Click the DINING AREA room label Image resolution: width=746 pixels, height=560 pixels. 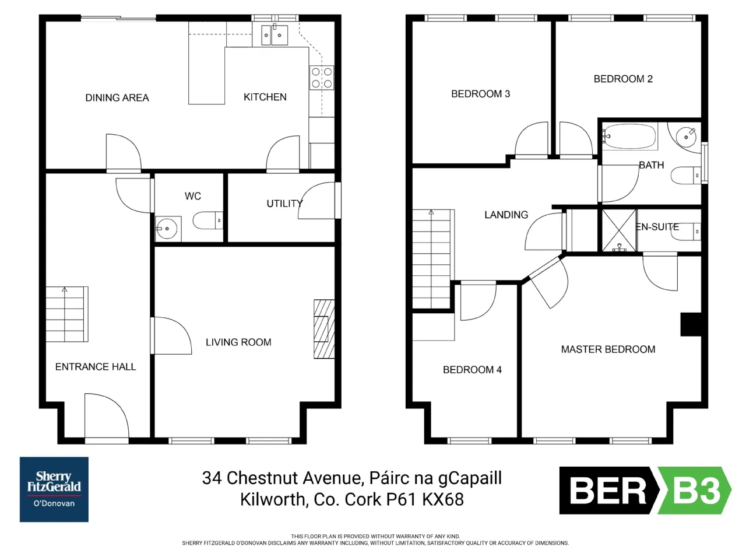(117, 98)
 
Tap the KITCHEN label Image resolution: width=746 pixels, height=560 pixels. (265, 97)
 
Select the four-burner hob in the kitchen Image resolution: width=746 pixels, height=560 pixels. (322, 78)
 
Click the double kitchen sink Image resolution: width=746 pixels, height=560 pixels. (275, 34)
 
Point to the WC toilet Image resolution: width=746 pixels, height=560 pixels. (208, 220)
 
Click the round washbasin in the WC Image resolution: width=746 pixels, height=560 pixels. (167, 229)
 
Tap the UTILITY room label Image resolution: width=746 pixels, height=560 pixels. (284, 204)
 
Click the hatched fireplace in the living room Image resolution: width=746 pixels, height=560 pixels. (324, 329)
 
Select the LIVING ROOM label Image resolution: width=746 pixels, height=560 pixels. (238, 342)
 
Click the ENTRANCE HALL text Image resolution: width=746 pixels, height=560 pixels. (96, 366)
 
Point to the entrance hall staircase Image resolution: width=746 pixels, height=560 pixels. (67, 314)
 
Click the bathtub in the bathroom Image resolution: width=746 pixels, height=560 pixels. (629, 136)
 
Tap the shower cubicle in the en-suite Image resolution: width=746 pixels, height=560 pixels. (619, 231)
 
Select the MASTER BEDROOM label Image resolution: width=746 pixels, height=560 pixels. (608, 349)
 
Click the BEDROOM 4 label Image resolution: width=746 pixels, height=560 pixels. (472, 370)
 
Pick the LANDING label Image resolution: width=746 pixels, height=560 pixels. (506, 215)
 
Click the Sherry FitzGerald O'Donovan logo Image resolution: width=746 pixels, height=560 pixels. (54, 489)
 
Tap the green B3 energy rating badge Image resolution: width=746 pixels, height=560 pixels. (694, 491)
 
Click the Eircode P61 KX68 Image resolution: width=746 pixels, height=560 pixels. (425, 499)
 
